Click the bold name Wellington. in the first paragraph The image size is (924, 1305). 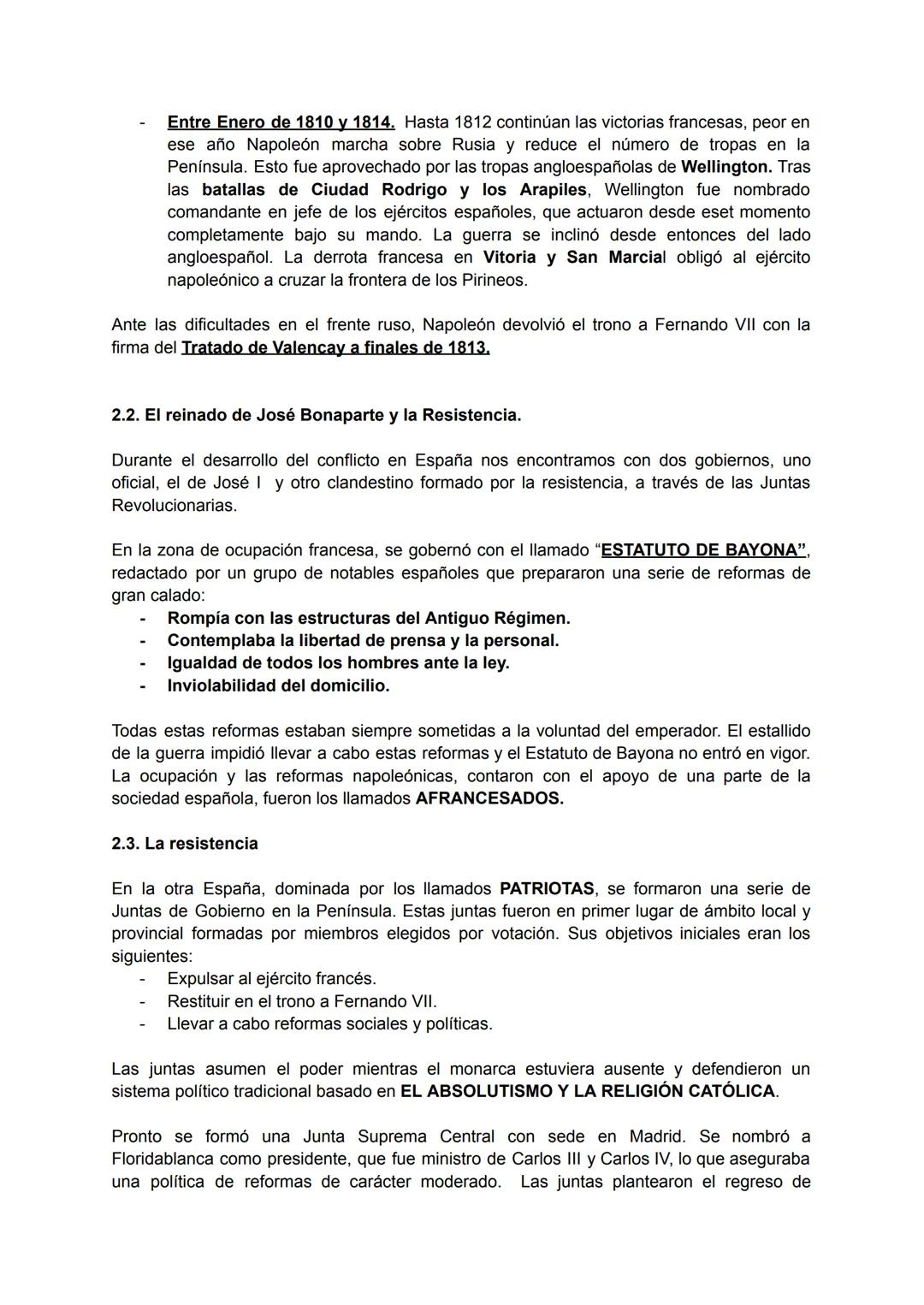726,167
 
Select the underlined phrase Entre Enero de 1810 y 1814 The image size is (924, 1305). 281,122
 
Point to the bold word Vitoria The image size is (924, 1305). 510,258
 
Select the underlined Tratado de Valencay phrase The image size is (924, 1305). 335,348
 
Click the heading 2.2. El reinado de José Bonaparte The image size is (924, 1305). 316,416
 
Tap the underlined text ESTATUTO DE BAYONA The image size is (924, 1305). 702,550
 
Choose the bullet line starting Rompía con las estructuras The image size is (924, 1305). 368,618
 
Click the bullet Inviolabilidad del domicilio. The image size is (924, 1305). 278,685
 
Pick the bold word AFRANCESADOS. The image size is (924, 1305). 489,798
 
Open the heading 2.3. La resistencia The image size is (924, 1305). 185,844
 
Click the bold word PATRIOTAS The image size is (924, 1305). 546,889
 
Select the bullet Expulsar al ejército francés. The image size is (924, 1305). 271,979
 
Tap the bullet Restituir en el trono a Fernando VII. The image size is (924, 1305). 301,1001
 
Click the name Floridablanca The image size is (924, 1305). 163,1160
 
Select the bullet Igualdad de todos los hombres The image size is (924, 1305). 338,663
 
